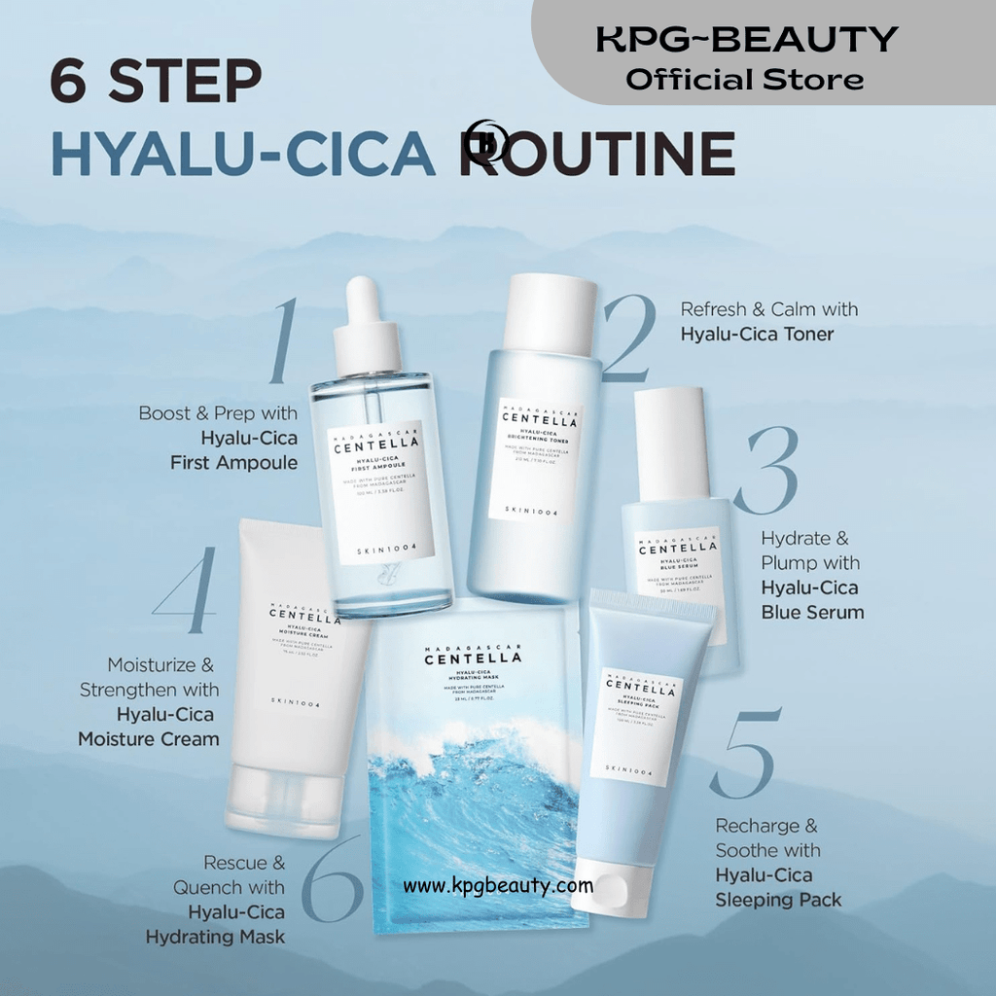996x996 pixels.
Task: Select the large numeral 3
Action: pos(766,470)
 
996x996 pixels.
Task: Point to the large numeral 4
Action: pos(186,591)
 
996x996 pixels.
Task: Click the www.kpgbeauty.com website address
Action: pos(498,886)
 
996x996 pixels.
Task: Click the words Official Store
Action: pos(745,80)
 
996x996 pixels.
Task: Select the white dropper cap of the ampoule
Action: pos(367,326)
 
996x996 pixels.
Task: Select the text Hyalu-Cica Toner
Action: pos(757,335)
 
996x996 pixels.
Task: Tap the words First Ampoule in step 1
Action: pos(233,463)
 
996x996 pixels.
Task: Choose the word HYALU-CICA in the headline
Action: pos(243,154)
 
